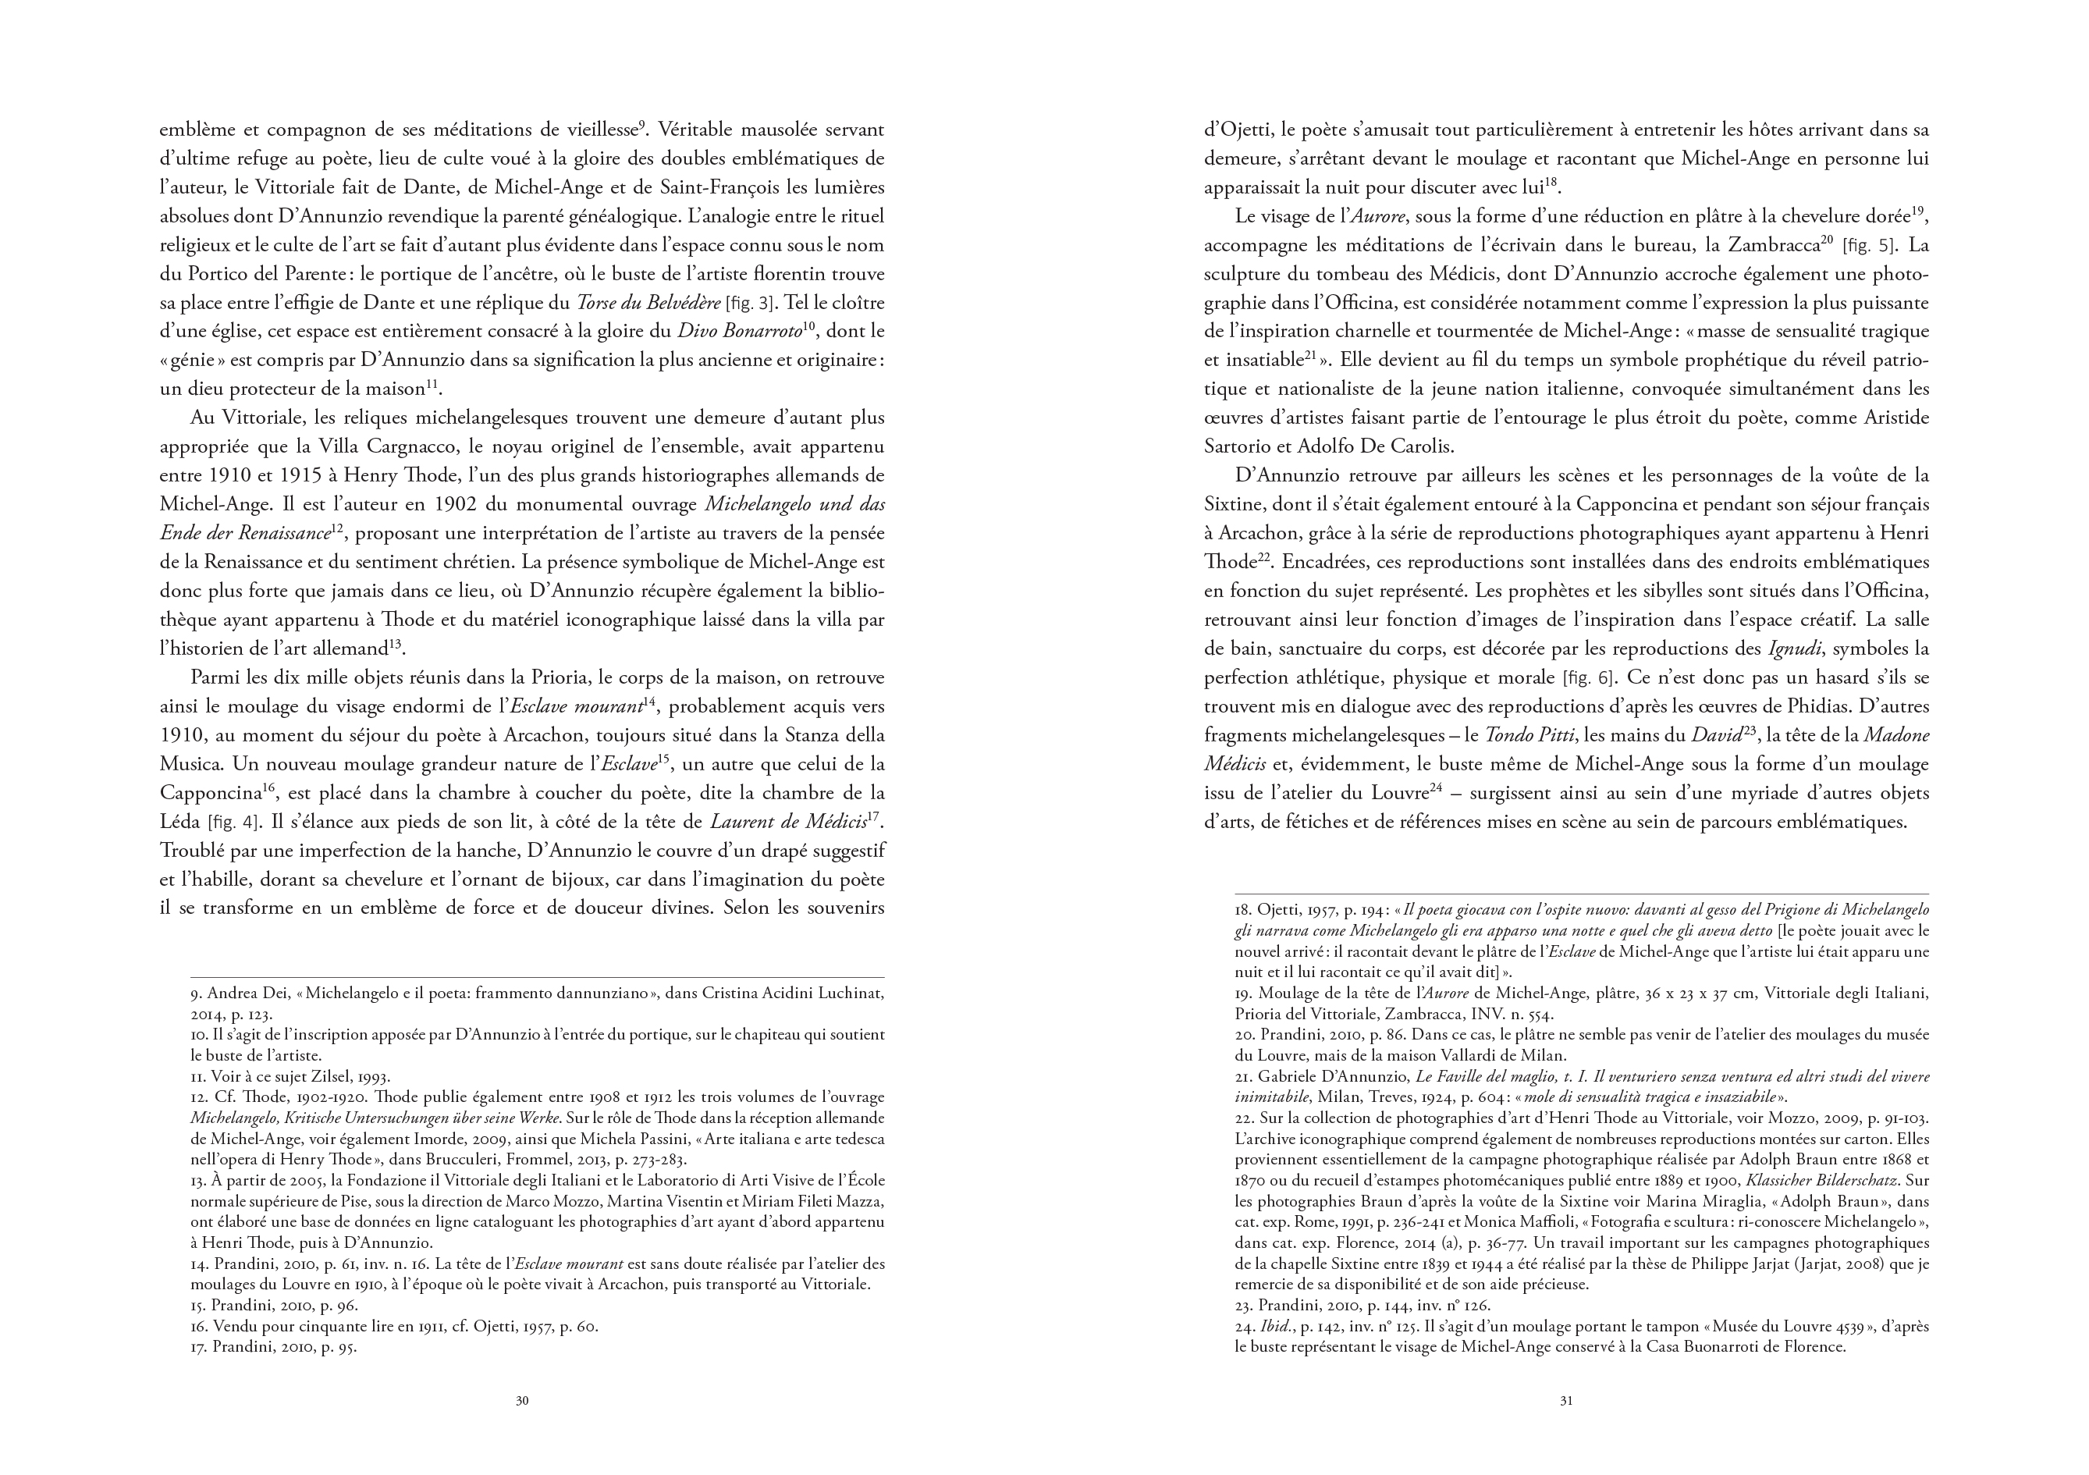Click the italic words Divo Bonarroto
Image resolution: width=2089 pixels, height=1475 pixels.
click(x=734, y=331)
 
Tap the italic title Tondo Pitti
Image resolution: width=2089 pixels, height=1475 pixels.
click(x=1526, y=735)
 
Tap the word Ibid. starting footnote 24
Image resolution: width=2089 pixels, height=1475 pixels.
click(x=1274, y=1327)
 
